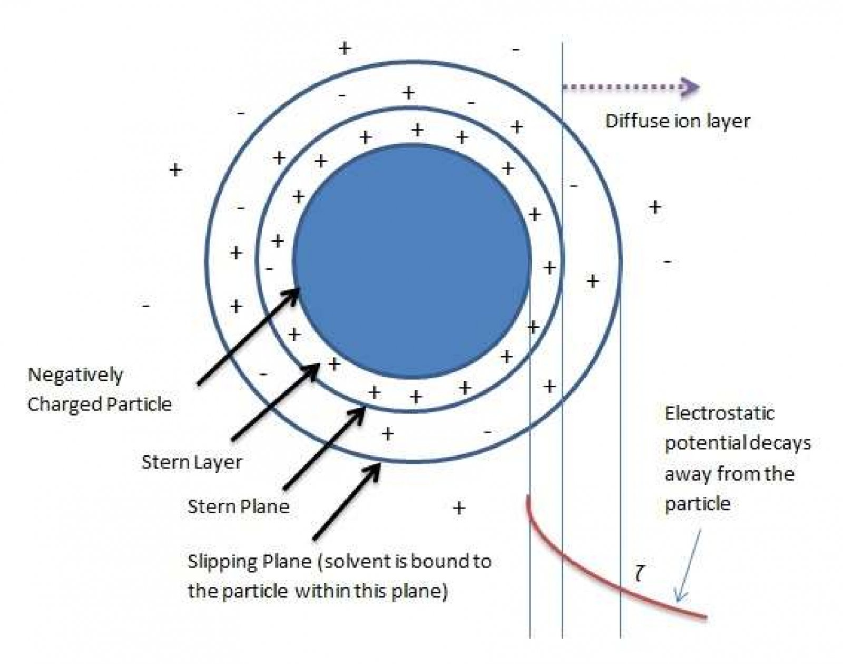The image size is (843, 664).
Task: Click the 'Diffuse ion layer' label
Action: [678, 121]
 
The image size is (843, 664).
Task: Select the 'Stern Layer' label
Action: [192, 462]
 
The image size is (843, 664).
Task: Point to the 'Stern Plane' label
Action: [238, 507]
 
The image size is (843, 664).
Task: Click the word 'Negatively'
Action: [75, 375]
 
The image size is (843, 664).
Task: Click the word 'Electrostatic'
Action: [719, 413]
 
